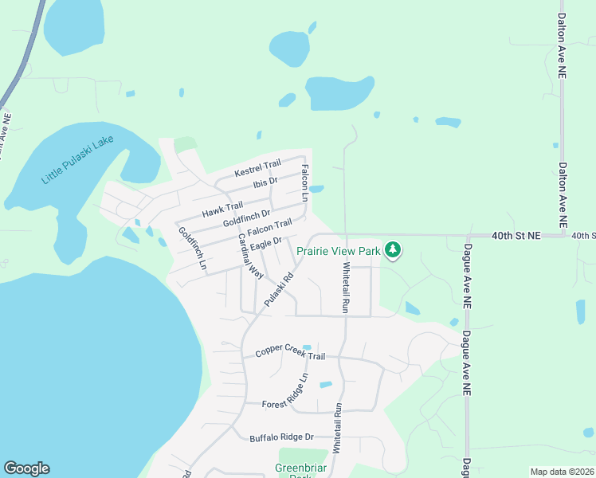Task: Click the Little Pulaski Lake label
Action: pos(78,160)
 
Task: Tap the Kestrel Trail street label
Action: pos(258,169)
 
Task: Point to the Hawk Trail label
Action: pos(222,210)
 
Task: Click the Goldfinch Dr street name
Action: pos(247,216)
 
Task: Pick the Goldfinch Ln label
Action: pos(192,247)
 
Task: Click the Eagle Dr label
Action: pos(266,243)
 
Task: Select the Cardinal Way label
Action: pos(250,256)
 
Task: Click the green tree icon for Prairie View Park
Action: pos(392,250)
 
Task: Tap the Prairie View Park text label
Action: pos(339,251)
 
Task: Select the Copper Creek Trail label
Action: pos(290,354)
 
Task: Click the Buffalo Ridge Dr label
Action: pos(282,437)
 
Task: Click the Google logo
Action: pos(26,469)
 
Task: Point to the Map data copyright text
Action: pos(562,472)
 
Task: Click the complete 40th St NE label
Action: pos(516,236)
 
